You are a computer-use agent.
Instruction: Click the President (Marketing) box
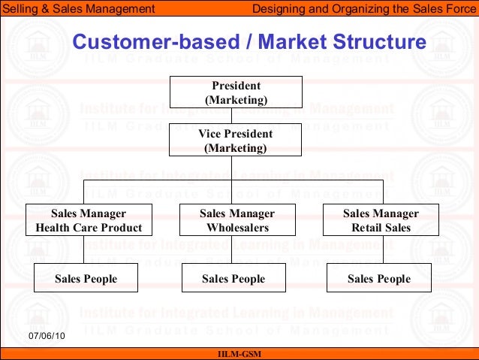click(235, 92)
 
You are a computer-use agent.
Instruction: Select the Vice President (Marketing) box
click(235, 141)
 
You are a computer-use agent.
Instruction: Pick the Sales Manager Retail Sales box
click(381, 220)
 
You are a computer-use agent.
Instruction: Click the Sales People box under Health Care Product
click(86, 278)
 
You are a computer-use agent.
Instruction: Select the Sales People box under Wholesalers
click(233, 278)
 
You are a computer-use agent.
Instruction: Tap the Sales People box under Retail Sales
click(379, 278)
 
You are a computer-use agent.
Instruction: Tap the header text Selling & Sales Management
click(79, 9)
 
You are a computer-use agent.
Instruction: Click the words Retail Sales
click(381, 228)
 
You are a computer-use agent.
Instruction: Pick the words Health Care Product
click(89, 228)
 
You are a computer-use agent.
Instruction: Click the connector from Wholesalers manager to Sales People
click(231, 250)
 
